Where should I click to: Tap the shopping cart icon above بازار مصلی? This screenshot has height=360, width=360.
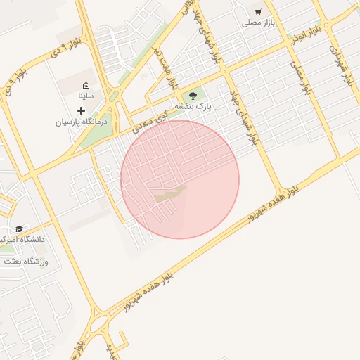point(258,12)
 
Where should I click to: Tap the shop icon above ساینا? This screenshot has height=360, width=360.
point(86,85)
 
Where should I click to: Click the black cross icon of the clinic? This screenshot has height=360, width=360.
point(81,110)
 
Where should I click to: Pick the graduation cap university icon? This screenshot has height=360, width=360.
point(19,229)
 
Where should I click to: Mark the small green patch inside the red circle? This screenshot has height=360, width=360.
point(171,194)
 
